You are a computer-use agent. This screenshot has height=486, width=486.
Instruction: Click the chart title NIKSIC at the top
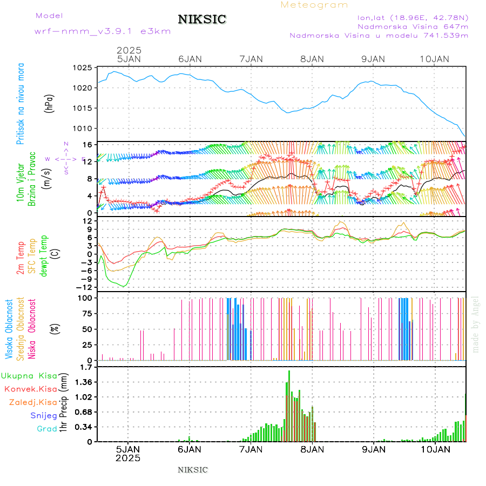click(202, 20)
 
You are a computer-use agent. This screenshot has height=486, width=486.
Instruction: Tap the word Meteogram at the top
click(314, 5)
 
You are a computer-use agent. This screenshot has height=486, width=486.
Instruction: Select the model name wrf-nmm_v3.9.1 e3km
click(102, 31)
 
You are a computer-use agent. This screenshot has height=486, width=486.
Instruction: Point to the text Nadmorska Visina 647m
click(413, 26)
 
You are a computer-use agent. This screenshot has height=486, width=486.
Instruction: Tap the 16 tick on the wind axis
click(86, 145)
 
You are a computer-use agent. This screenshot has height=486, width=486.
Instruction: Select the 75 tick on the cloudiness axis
click(85, 313)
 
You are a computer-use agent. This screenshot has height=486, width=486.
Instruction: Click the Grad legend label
click(47, 429)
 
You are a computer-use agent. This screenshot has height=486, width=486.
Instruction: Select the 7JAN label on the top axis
click(250, 58)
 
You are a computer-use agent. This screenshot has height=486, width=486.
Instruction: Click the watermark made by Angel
click(476, 324)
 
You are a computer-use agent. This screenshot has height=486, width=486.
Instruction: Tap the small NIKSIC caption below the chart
click(193, 470)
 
